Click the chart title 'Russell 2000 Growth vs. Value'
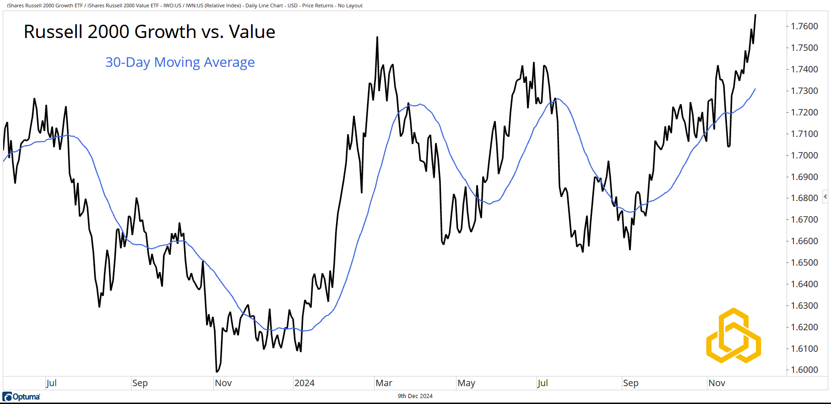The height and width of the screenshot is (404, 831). coord(149,32)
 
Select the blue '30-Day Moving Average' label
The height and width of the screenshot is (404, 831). coord(180,62)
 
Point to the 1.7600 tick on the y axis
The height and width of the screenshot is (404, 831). coord(804,26)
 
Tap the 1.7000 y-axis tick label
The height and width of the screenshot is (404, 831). coord(804,155)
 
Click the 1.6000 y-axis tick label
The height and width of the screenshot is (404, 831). coord(804,370)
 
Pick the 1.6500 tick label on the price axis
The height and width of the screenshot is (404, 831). coord(804,262)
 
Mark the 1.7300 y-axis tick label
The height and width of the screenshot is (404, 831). coord(804,91)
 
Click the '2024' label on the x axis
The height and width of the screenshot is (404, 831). coord(304,383)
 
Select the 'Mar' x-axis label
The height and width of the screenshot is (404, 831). coord(384,383)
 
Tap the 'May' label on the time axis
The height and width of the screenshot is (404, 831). coord(466,383)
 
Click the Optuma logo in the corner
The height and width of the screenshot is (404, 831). coord(22,397)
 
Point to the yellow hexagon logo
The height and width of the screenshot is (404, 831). coord(733,336)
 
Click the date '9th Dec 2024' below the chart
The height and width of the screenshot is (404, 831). coord(415,396)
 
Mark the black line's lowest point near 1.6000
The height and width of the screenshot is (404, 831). coord(217,371)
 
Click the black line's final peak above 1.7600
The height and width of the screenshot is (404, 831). coord(755,15)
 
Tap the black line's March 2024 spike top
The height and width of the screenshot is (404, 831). coord(377,37)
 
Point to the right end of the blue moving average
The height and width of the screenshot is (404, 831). coord(755,89)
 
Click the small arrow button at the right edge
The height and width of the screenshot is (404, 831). coord(825,197)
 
